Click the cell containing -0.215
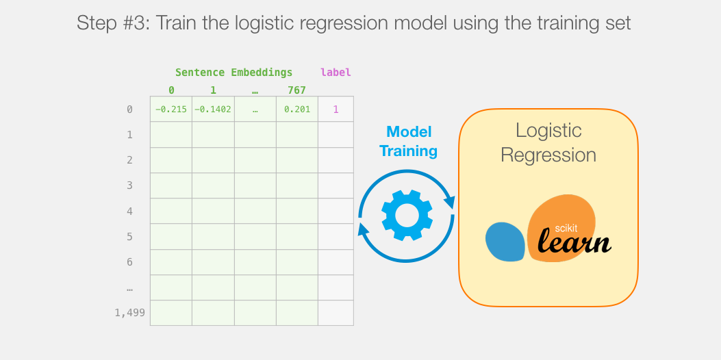pos(171,109)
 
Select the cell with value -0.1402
pos(213,109)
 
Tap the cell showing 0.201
pos(297,109)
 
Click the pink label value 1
pos(336,110)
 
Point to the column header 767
pos(296,90)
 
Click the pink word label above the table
pos(336,72)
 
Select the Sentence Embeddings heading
pos(233,72)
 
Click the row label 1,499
pos(129,313)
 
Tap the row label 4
pos(129,211)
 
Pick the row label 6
pos(129,261)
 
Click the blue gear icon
pos(407,215)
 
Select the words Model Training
pos(408,141)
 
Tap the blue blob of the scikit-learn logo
pos(505,242)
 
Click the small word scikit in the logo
pos(566,228)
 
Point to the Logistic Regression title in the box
pos(548,142)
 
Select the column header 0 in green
pos(171,90)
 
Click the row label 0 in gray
pos(129,110)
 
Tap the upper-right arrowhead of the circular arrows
pos(449,202)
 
